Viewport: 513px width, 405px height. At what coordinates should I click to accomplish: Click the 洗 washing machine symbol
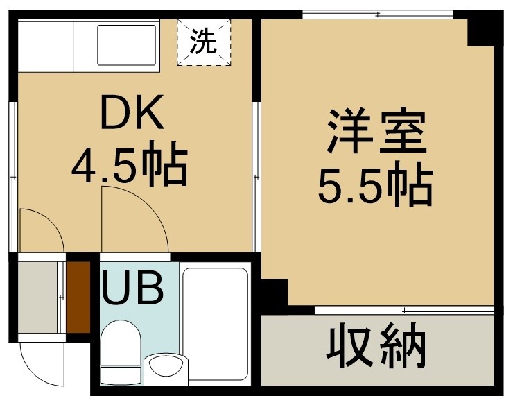[204, 42]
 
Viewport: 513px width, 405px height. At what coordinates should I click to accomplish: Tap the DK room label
[132, 112]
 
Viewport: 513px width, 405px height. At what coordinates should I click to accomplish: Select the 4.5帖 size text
[130, 164]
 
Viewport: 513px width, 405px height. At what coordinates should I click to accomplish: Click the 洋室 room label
[377, 131]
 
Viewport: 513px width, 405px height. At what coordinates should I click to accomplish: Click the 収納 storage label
[376, 345]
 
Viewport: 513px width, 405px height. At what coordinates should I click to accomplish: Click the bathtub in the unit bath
[215, 325]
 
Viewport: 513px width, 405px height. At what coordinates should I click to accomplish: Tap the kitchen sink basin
[127, 45]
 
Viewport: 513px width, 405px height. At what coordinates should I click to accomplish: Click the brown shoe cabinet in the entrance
[78, 297]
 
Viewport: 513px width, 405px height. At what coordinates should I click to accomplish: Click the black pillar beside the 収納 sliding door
[274, 293]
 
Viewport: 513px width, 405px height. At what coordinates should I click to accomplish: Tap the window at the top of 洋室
[378, 15]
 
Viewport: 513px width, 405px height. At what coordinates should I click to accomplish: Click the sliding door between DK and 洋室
[256, 177]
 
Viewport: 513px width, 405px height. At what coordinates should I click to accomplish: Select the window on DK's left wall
[13, 177]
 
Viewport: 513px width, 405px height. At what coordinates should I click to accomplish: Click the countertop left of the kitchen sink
[46, 46]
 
